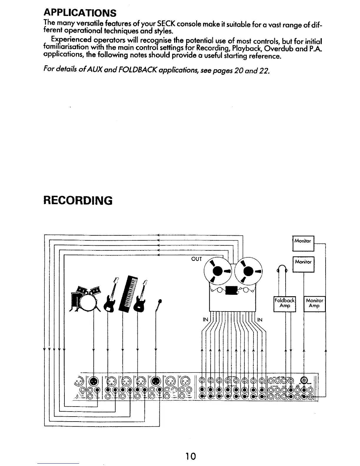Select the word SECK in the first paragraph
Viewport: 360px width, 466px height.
(x=167, y=23)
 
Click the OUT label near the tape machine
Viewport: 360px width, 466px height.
(x=196, y=259)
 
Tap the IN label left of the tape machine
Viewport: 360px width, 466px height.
(x=205, y=319)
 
